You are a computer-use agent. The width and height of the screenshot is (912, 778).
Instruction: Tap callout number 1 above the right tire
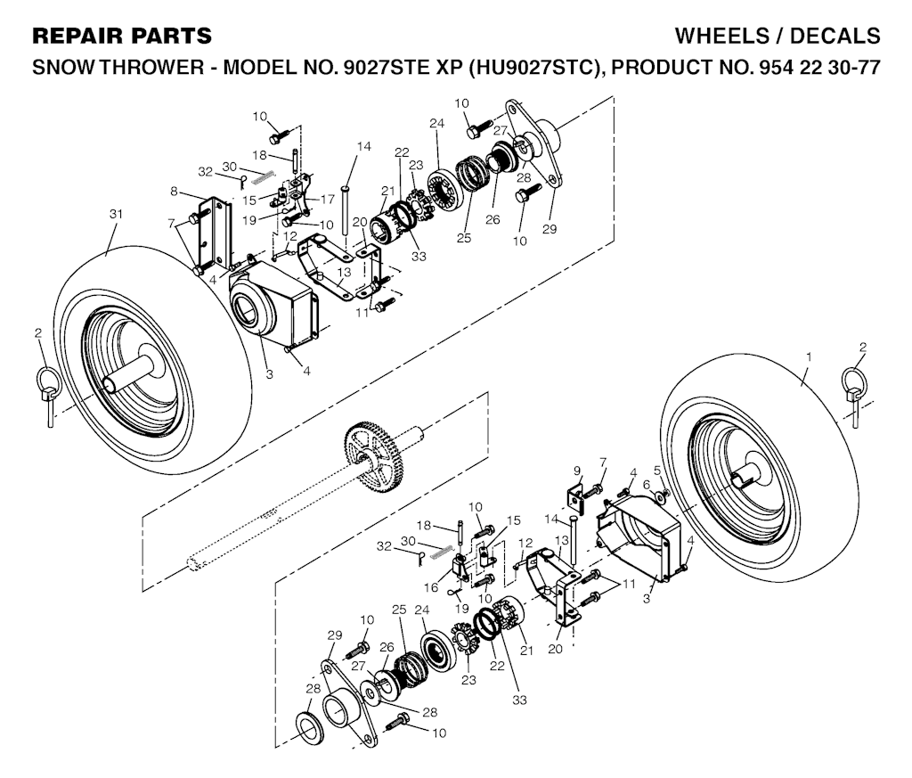tap(808, 356)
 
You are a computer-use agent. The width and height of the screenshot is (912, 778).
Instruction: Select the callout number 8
tap(175, 191)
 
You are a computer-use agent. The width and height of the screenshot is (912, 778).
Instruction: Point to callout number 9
tap(576, 471)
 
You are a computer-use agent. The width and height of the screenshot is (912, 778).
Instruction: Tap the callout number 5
tap(656, 470)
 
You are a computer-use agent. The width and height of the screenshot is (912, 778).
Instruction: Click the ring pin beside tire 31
tap(46, 392)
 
